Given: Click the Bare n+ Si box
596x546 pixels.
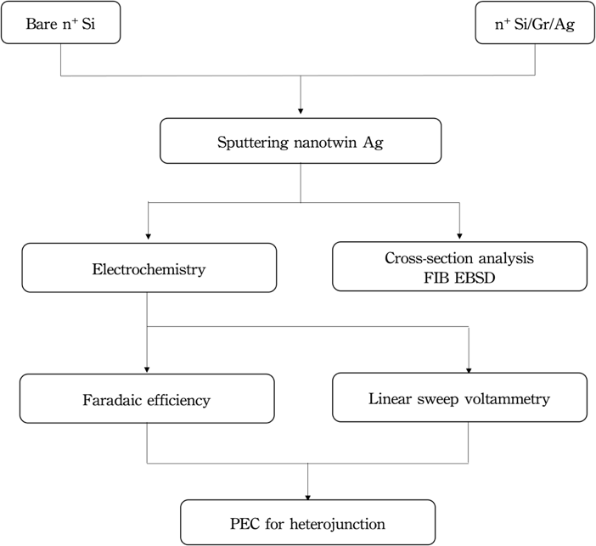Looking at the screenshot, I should click(x=59, y=24).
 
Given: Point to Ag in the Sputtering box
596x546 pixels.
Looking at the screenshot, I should click(x=373, y=142).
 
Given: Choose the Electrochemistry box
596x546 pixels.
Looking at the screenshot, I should click(x=149, y=269).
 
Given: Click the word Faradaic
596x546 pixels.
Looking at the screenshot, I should click(x=115, y=399).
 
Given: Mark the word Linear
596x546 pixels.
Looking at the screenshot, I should click(x=390, y=398).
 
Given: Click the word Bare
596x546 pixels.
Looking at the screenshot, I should click(x=37, y=24).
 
